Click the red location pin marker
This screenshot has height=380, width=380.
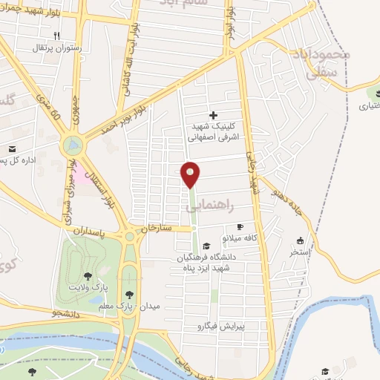tap(191, 174)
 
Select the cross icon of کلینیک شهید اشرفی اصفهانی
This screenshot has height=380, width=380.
tap(214, 115)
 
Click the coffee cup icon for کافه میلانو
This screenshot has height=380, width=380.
tap(239, 226)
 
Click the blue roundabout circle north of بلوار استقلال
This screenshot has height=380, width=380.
tap(73, 144)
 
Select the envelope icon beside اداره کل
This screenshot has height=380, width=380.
tap(12, 148)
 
